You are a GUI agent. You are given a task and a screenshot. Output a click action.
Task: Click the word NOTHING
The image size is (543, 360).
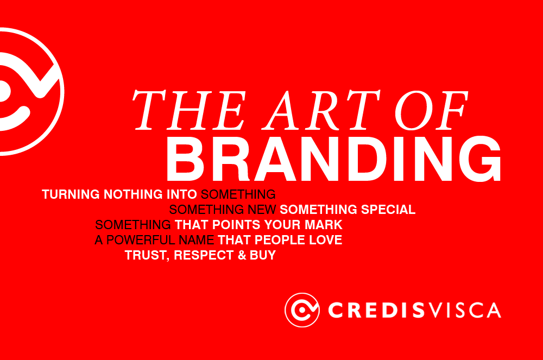pos(131,194)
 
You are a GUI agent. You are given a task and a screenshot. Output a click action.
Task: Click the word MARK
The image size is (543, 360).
pos(324,224)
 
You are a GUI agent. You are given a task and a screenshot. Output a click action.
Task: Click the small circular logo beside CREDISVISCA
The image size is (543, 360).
pos(302,310)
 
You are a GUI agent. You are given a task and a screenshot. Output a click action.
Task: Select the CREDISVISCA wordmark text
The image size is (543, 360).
pos(414,310)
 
